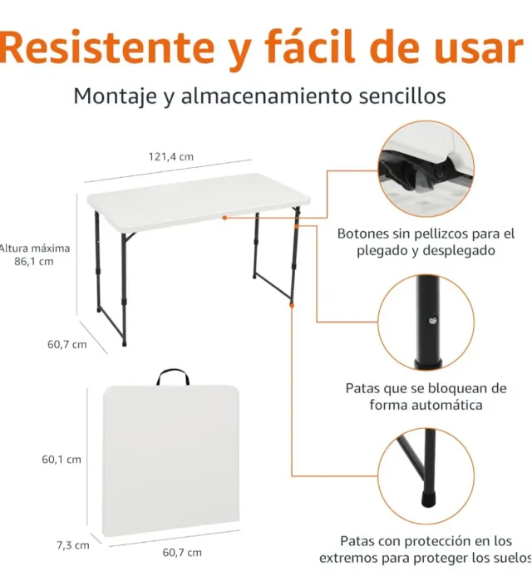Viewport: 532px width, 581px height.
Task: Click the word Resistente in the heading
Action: (107, 47)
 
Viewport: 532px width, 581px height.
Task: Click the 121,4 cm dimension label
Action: (170, 157)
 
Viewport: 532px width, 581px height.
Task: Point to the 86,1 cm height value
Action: (34, 262)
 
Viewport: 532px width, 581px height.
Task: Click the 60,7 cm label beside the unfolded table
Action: (67, 345)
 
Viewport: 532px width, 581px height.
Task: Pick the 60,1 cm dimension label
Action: (62, 460)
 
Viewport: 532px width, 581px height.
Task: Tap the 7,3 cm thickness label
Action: (73, 545)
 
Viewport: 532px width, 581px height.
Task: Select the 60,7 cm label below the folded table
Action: (182, 553)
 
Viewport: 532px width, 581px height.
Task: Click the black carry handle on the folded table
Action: (173, 377)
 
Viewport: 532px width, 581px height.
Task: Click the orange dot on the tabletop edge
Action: (224, 218)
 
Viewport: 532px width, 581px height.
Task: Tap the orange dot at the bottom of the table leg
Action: (292, 305)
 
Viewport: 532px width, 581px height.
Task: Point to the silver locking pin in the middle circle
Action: (432, 321)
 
